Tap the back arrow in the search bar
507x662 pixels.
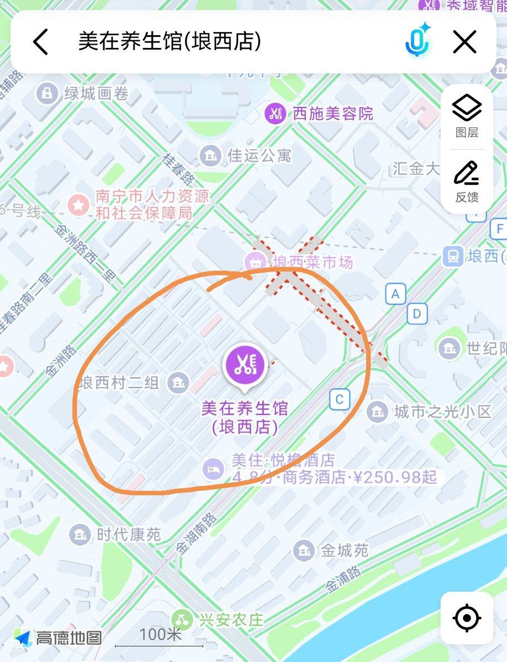[x=41, y=42]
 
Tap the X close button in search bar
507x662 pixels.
[x=464, y=42]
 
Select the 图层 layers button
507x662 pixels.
[x=467, y=116]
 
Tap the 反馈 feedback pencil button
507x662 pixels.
[x=467, y=181]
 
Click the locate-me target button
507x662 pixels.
[x=467, y=618]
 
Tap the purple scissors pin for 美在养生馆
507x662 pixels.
[x=244, y=364]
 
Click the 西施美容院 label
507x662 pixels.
[x=332, y=114]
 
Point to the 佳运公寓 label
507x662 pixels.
[x=259, y=156]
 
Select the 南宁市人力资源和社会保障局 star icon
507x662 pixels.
[x=78, y=205]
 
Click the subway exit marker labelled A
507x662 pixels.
[x=395, y=294]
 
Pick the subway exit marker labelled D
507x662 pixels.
[x=417, y=314]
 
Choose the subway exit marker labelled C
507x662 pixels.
[x=340, y=399]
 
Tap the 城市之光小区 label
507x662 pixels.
[x=442, y=411]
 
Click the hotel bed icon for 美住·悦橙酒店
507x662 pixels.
[x=214, y=469]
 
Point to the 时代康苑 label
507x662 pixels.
[x=128, y=534]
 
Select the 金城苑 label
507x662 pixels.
[x=345, y=550]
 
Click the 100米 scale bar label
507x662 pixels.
[x=160, y=634]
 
